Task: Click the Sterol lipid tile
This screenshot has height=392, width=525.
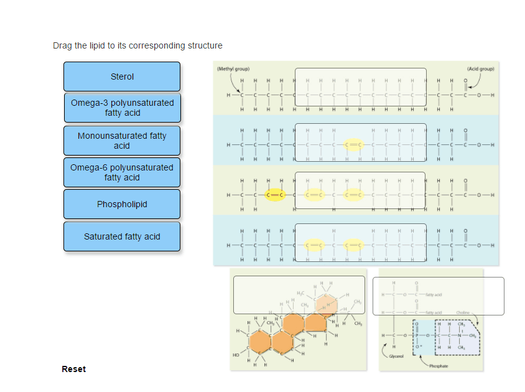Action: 122,77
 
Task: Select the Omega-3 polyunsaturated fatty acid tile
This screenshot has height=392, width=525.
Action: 122,108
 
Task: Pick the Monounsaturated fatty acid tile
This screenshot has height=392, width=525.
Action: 122,141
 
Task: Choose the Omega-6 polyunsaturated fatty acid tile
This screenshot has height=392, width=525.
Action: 122,172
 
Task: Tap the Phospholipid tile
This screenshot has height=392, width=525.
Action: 122,204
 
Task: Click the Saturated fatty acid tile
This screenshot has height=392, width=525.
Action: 122,236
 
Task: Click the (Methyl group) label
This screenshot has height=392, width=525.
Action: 233,68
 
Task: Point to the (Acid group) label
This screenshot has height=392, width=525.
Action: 480,68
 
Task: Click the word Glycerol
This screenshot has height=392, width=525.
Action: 396,357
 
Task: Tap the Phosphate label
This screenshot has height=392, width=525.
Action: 438,366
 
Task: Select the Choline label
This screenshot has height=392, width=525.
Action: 463,312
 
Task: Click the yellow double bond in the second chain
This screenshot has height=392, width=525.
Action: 353,145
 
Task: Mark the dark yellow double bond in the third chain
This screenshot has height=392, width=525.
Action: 275,195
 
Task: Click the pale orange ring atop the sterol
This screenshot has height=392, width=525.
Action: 325,304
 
